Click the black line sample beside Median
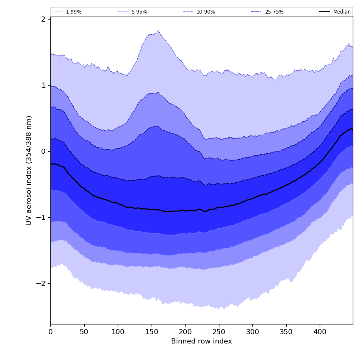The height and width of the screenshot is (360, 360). (325, 12)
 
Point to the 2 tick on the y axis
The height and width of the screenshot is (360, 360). (43, 19)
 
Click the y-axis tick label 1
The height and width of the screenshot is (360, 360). (43, 85)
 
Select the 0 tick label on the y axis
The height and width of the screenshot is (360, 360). (43, 151)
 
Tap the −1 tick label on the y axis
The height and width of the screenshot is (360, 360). (41, 217)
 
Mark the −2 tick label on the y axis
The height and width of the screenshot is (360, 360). (41, 283)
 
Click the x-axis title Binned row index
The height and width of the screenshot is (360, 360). (202, 341)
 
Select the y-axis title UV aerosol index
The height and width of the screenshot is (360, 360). (29, 170)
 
